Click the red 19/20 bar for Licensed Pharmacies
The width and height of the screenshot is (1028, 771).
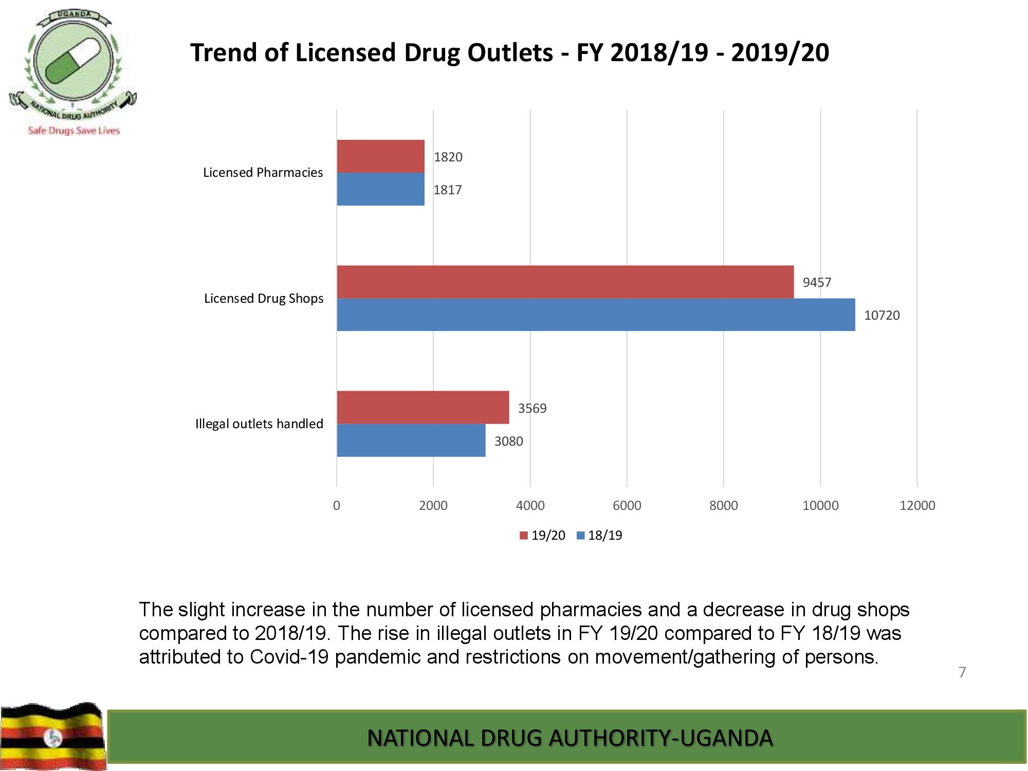(380, 156)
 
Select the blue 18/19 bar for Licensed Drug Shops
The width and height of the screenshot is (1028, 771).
(596, 315)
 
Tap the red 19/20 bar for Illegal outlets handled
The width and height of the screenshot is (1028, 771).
(423, 407)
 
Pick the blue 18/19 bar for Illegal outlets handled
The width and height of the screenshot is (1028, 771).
(411, 440)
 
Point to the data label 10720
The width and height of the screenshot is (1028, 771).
(882, 315)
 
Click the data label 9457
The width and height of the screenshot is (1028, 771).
(817, 282)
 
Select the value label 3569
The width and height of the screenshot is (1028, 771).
(532, 408)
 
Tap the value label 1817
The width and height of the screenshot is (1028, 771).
(447, 190)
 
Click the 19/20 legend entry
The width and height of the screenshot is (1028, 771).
(542, 535)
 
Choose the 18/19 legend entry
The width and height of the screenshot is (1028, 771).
(599, 535)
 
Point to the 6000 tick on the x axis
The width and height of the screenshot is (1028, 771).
(627, 505)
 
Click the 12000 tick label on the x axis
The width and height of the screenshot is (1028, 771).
(917, 505)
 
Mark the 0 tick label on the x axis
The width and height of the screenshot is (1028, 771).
(337, 505)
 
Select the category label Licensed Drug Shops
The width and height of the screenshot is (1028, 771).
(264, 298)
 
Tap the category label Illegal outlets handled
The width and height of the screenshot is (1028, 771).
(259, 424)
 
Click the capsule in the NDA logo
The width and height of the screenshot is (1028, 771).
(72, 62)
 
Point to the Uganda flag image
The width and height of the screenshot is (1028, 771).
(52, 736)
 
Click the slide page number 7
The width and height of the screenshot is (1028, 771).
(962, 672)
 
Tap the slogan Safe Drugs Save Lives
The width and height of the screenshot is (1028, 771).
(74, 131)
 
